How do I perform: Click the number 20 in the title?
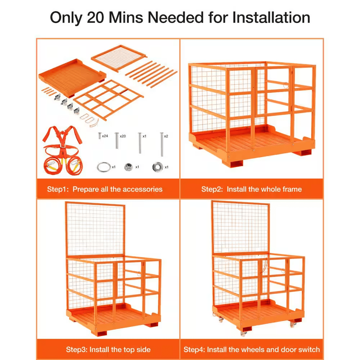point(95,18)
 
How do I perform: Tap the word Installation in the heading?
point(271,18)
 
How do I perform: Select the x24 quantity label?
point(105,136)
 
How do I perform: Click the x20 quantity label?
point(123,136)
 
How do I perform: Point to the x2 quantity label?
point(166,136)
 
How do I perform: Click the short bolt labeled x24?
point(100,136)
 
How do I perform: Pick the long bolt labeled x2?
point(162,144)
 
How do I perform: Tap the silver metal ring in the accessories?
point(104,167)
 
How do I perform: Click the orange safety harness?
point(62,150)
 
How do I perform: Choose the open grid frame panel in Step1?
point(108,99)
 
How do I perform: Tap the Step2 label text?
point(212,189)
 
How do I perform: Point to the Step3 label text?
point(77,350)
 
